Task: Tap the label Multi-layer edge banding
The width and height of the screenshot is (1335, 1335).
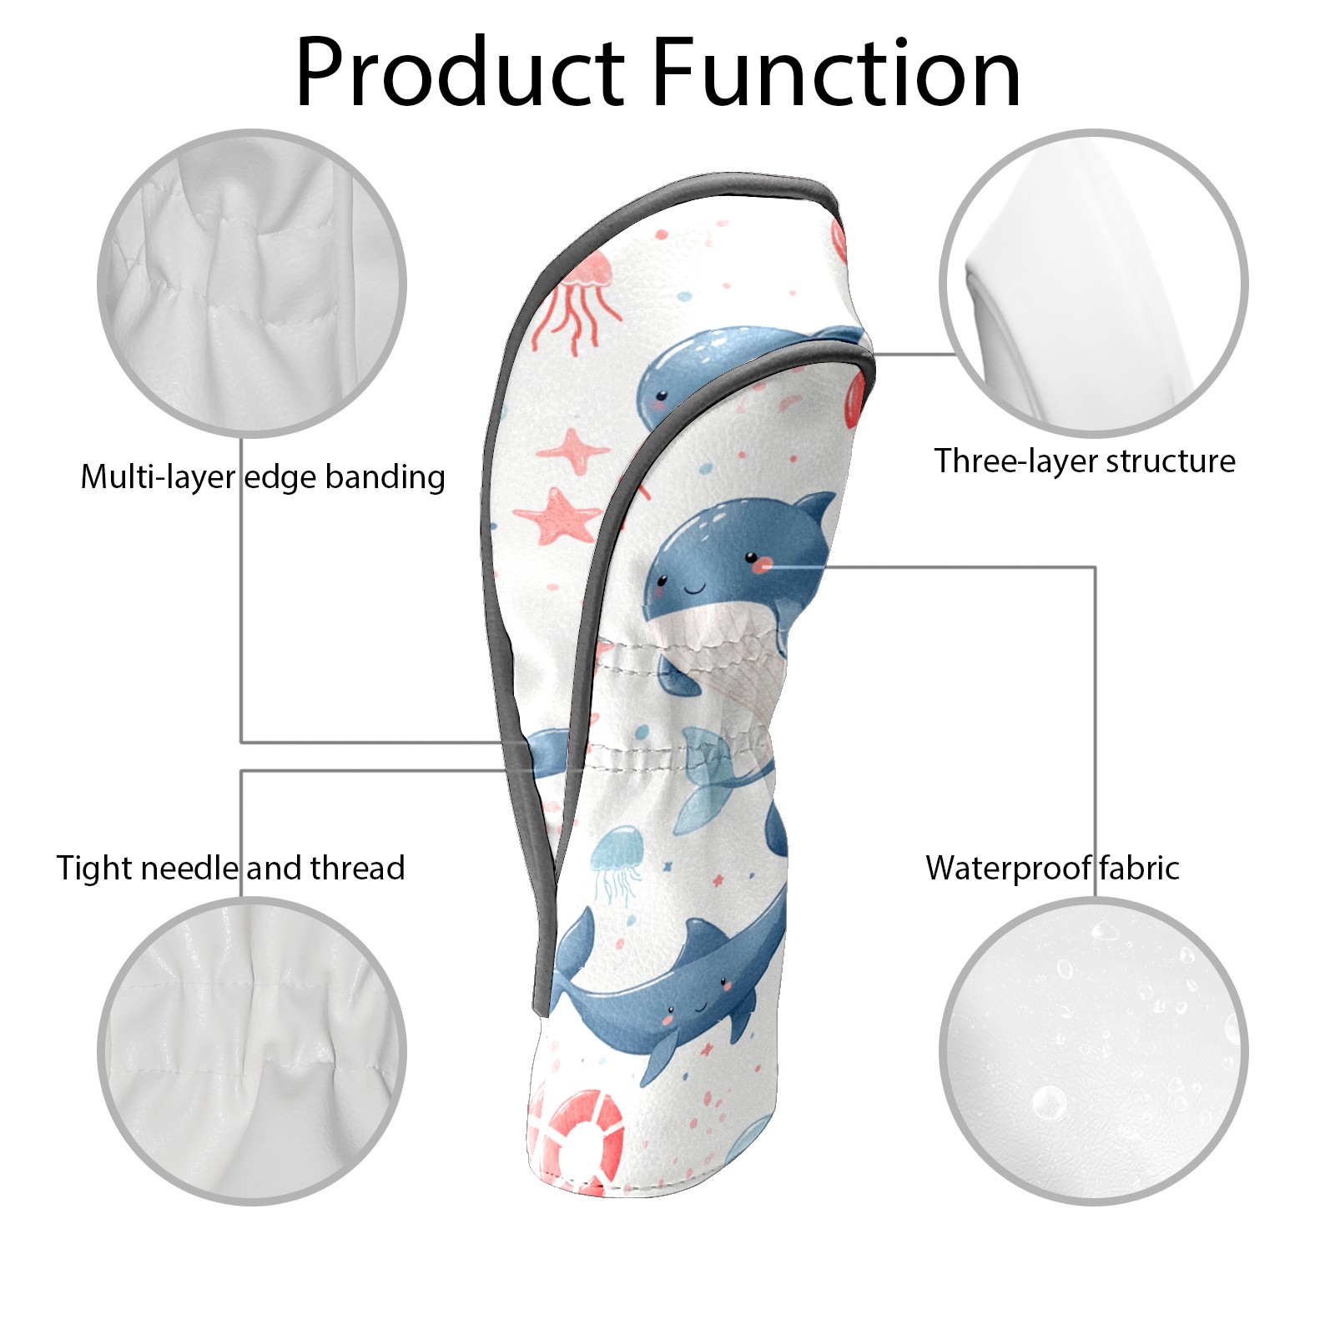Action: tap(263, 477)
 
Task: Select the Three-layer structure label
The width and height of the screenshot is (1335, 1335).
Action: tap(1085, 461)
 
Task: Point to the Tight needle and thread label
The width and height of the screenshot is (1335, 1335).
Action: tap(230, 869)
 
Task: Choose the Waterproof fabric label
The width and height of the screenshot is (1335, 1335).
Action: tap(1052, 869)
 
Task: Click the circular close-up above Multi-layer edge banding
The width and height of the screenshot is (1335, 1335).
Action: tap(252, 284)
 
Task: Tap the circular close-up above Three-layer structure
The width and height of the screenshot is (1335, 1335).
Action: tap(1094, 284)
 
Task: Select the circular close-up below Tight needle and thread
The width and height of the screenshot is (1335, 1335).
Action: tap(252, 1051)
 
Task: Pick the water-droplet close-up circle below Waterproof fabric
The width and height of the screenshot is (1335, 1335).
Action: tap(1094, 1051)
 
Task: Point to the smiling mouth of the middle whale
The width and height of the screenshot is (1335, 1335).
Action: tap(695, 589)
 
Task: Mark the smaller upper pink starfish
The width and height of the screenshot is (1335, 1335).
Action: tap(573, 451)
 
